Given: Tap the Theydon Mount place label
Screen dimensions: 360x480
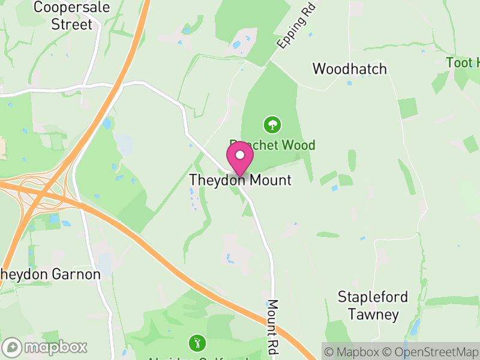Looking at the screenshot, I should click(x=240, y=180).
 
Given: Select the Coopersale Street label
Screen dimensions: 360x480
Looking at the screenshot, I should click(x=63, y=16).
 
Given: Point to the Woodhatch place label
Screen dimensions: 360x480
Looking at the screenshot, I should click(x=350, y=69).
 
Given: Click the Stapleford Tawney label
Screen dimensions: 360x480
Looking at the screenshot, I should click(x=373, y=305).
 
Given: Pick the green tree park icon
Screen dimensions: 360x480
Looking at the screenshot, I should click(x=272, y=125).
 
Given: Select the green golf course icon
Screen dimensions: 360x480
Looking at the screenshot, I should click(x=196, y=343).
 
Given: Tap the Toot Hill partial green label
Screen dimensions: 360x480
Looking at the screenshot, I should click(x=464, y=62).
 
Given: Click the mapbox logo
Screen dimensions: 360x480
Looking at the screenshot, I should click(x=46, y=347).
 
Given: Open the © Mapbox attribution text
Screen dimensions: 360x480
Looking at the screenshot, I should click(x=353, y=351).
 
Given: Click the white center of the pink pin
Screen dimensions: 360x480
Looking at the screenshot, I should click(x=240, y=155).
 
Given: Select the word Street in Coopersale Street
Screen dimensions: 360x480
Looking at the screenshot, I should click(x=72, y=25).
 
